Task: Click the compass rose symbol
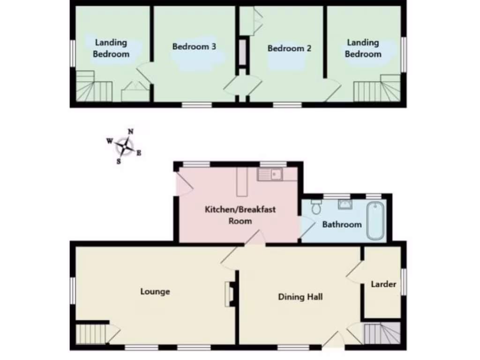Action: click(125, 146)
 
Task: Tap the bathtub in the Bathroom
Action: click(375, 220)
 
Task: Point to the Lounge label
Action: click(155, 292)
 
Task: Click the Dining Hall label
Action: click(300, 296)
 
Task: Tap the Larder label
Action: click(383, 284)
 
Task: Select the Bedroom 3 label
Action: click(194, 46)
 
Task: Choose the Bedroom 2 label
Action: click(289, 48)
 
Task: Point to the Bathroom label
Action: click(342, 225)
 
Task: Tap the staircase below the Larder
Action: click(382, 333)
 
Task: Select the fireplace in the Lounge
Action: click(230, 294)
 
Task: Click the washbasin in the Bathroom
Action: click(345, 204)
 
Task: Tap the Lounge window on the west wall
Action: click(72, 290)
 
